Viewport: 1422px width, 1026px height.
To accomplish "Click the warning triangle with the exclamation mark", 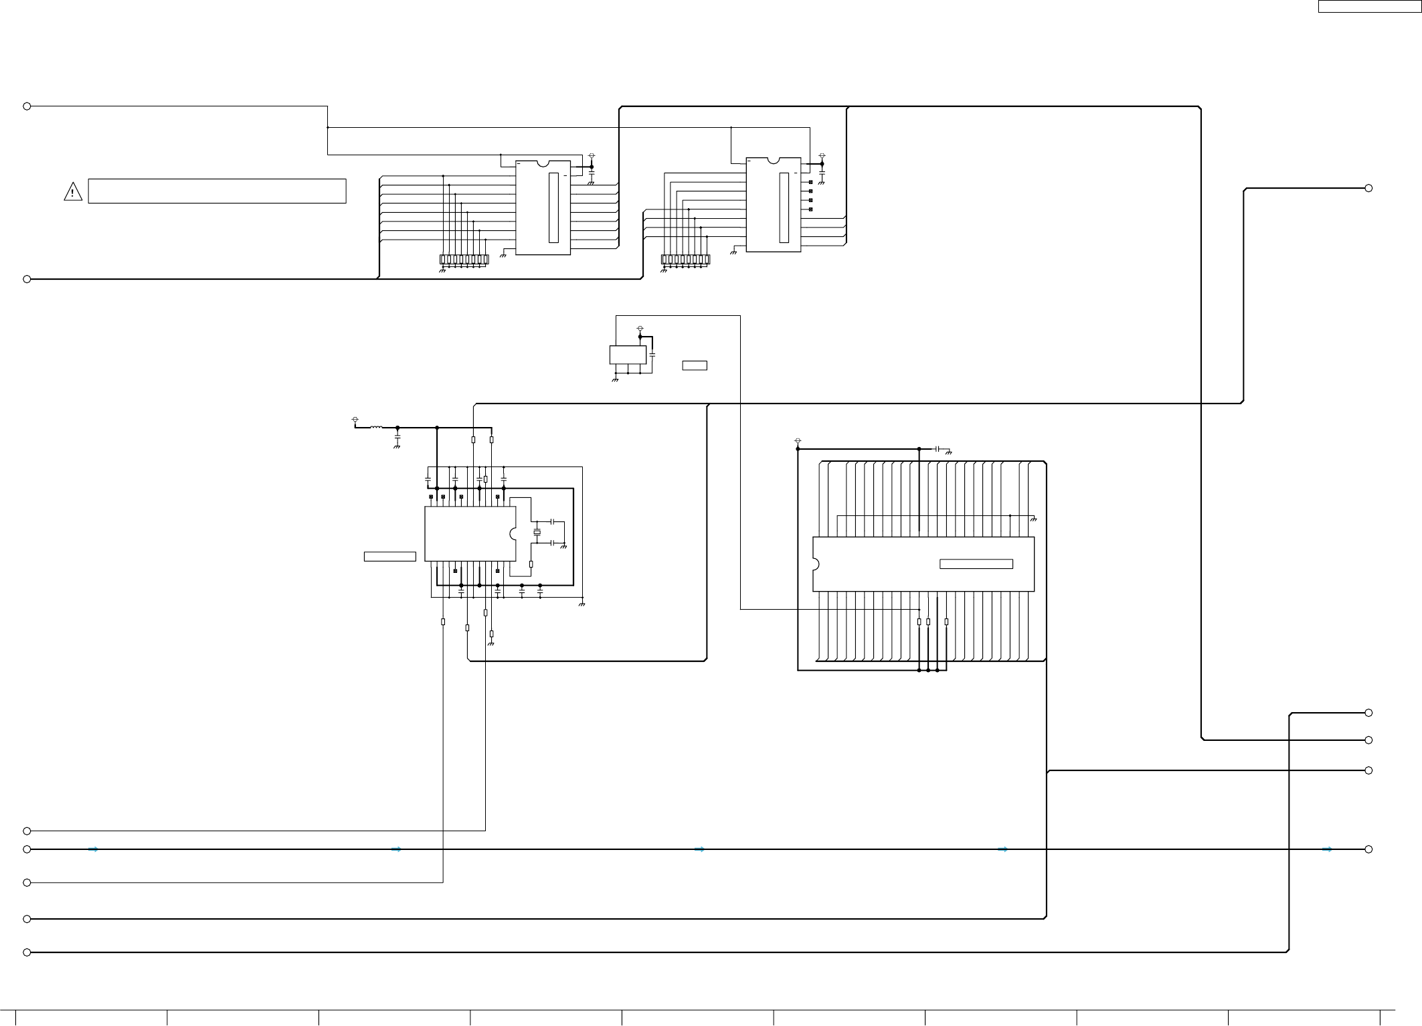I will coord(72,192).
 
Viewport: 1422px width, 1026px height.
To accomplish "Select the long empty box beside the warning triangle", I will coord(217,191).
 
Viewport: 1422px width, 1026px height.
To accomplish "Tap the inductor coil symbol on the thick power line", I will coord(376,427).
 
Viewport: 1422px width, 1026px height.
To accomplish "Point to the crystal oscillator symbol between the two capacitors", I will coord(537,532).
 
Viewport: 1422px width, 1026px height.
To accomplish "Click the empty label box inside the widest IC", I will coord(976,564).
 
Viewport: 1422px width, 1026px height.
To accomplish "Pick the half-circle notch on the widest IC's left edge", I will coord(816,564).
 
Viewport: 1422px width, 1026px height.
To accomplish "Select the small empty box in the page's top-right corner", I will coord(1368,6).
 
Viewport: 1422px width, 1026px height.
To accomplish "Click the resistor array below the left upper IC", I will coord(464,260).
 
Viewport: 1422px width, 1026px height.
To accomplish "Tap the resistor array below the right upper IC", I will coord(685,260).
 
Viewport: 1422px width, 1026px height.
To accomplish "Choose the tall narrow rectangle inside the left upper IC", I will coord(553,207).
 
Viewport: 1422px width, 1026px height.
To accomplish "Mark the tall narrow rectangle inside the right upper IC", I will coord(784,207).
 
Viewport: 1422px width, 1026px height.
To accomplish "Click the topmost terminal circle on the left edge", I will coord(27,106).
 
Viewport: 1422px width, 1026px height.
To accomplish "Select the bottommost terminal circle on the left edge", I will coord(27,952).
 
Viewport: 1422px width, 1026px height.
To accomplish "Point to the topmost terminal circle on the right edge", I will coord(1368,188).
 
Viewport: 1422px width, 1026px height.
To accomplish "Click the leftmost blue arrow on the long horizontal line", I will coord(94,849).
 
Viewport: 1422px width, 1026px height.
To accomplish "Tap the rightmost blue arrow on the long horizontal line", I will coord(1328,849).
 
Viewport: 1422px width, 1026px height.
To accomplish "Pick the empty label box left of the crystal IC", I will coord(389,556).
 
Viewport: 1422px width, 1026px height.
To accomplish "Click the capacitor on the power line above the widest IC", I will coord(938,448).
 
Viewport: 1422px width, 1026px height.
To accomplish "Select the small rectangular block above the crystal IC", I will coord(628,355).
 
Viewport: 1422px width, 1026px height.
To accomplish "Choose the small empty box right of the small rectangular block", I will coord(695,365).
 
